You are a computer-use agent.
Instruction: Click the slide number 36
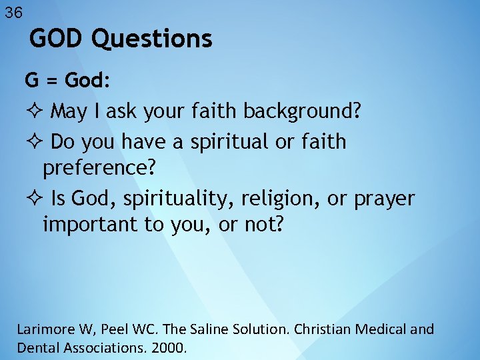(x=13, y=12)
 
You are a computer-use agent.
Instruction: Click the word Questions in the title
(x=151, y=39)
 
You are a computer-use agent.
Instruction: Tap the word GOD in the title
(x=58, y=39)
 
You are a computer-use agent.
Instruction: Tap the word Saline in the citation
(x=196, y=329)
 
